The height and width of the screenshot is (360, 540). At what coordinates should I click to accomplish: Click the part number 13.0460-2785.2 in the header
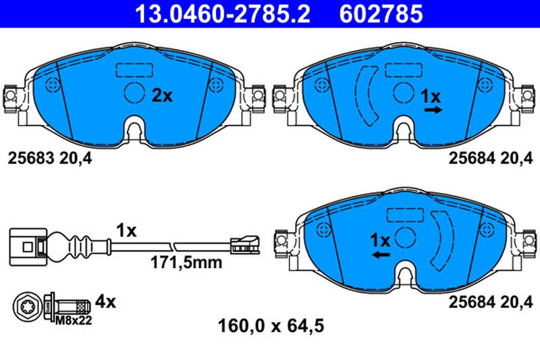pyautogui.click(x=223, y=14)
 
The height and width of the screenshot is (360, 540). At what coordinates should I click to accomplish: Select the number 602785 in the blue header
pyautogui.click(x=381, y=14)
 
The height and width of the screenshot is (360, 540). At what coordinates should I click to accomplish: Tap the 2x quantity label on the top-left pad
pyautogui.click(x=162, y=96)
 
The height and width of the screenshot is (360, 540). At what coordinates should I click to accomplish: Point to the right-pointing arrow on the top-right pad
pyautogui.click(x=433, y=110)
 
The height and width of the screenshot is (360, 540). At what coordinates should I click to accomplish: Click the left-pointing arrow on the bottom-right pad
pyautogui.click(x=381, y=255)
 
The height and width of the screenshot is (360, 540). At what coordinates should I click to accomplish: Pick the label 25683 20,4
pyautogui.click(x=50, y=159)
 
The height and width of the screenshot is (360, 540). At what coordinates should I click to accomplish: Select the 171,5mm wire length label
pyautogui.click(x=186, y=263)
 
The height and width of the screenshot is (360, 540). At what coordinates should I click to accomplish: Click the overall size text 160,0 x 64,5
pyautogui.click(x=271, y=326)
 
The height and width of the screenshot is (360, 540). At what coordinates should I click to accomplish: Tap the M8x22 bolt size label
pyautogui.click(x=74, y=321)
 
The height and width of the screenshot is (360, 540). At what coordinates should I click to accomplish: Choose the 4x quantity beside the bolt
pyautogui.click(x=105, y=302)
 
